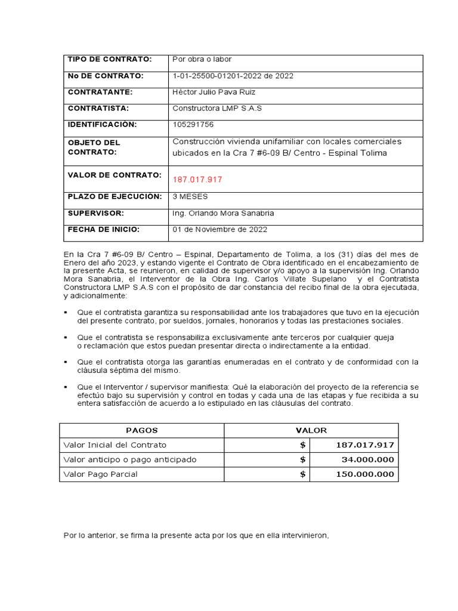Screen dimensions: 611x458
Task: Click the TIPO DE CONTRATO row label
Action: pyautogui.click(x=110, y=60)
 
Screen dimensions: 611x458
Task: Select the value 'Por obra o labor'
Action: pyautogui.click(x=202, y=60)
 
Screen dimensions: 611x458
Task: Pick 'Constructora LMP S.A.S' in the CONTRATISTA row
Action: pyautogui.click(x=217, y=109)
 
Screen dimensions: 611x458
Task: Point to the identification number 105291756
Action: pyautogui.click(x=193, y=125)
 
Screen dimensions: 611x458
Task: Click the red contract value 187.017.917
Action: pyautogui.click(x=197, y=180)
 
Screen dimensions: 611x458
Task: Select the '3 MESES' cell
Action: pyautogui.click(x=190, y=196)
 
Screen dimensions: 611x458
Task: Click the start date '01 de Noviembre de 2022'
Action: pyautogui.click(x=219, y=229)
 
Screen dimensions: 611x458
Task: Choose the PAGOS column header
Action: pyautogui.click(x=141, y=430)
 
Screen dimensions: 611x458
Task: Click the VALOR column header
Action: pyautogui.click(x=311, y=430)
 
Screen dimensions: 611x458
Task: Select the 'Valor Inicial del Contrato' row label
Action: pyautogui.click(x=114, y=445)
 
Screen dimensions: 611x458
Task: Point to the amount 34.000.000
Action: pyautogui.click(x=367, y=460)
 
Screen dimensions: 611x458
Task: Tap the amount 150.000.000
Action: pyautogui.click(x=365, y=474)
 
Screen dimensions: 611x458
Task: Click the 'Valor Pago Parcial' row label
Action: pyautogui.click(x=100, y=474)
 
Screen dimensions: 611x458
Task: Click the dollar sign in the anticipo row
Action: pyautogui.click(x=303, y=460)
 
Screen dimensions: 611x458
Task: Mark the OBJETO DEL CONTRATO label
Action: pyautogui.click(x=94, y=147)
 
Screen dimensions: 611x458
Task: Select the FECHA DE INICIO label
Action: pyautogui.click(x=103, y=229)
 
